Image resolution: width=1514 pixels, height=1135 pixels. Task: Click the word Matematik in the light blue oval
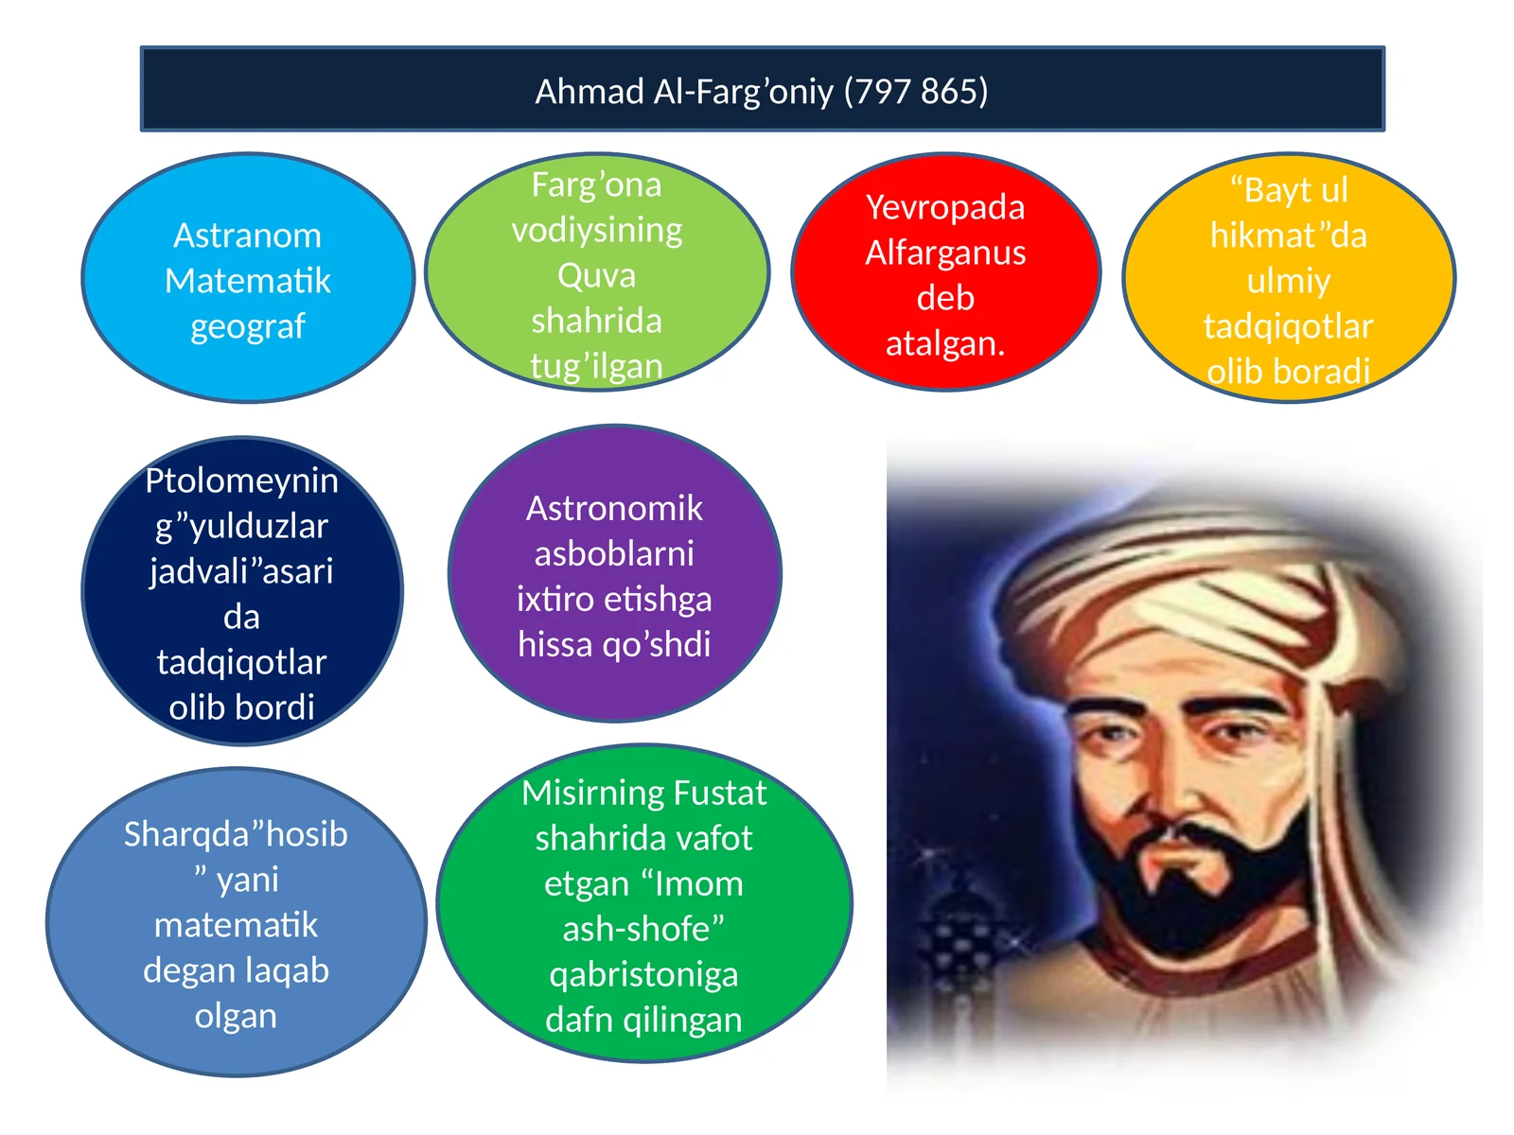pyautogui.click(x=248, y=281)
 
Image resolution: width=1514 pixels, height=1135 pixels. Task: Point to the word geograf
pyautogui.click(x=248, y=326)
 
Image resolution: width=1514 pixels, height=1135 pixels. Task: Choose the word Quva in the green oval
pyautogui.click(x=596, y=275)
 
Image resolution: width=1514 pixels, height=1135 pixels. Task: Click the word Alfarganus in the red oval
pyautogui.click(x=945, y=253)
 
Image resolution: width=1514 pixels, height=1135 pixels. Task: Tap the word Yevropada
pyautogui.click(x=945, y=207)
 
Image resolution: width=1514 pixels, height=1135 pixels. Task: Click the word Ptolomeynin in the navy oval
pyautogui.click(x=241, y=480)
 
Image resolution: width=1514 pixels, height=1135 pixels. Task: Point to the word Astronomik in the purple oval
pyautogui.click(x=614, y=508)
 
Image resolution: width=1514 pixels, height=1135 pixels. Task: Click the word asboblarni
pyautogui.click(x=614, y=553)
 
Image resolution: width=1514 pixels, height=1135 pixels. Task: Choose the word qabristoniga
pyautogui.click(x=643, y=974)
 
